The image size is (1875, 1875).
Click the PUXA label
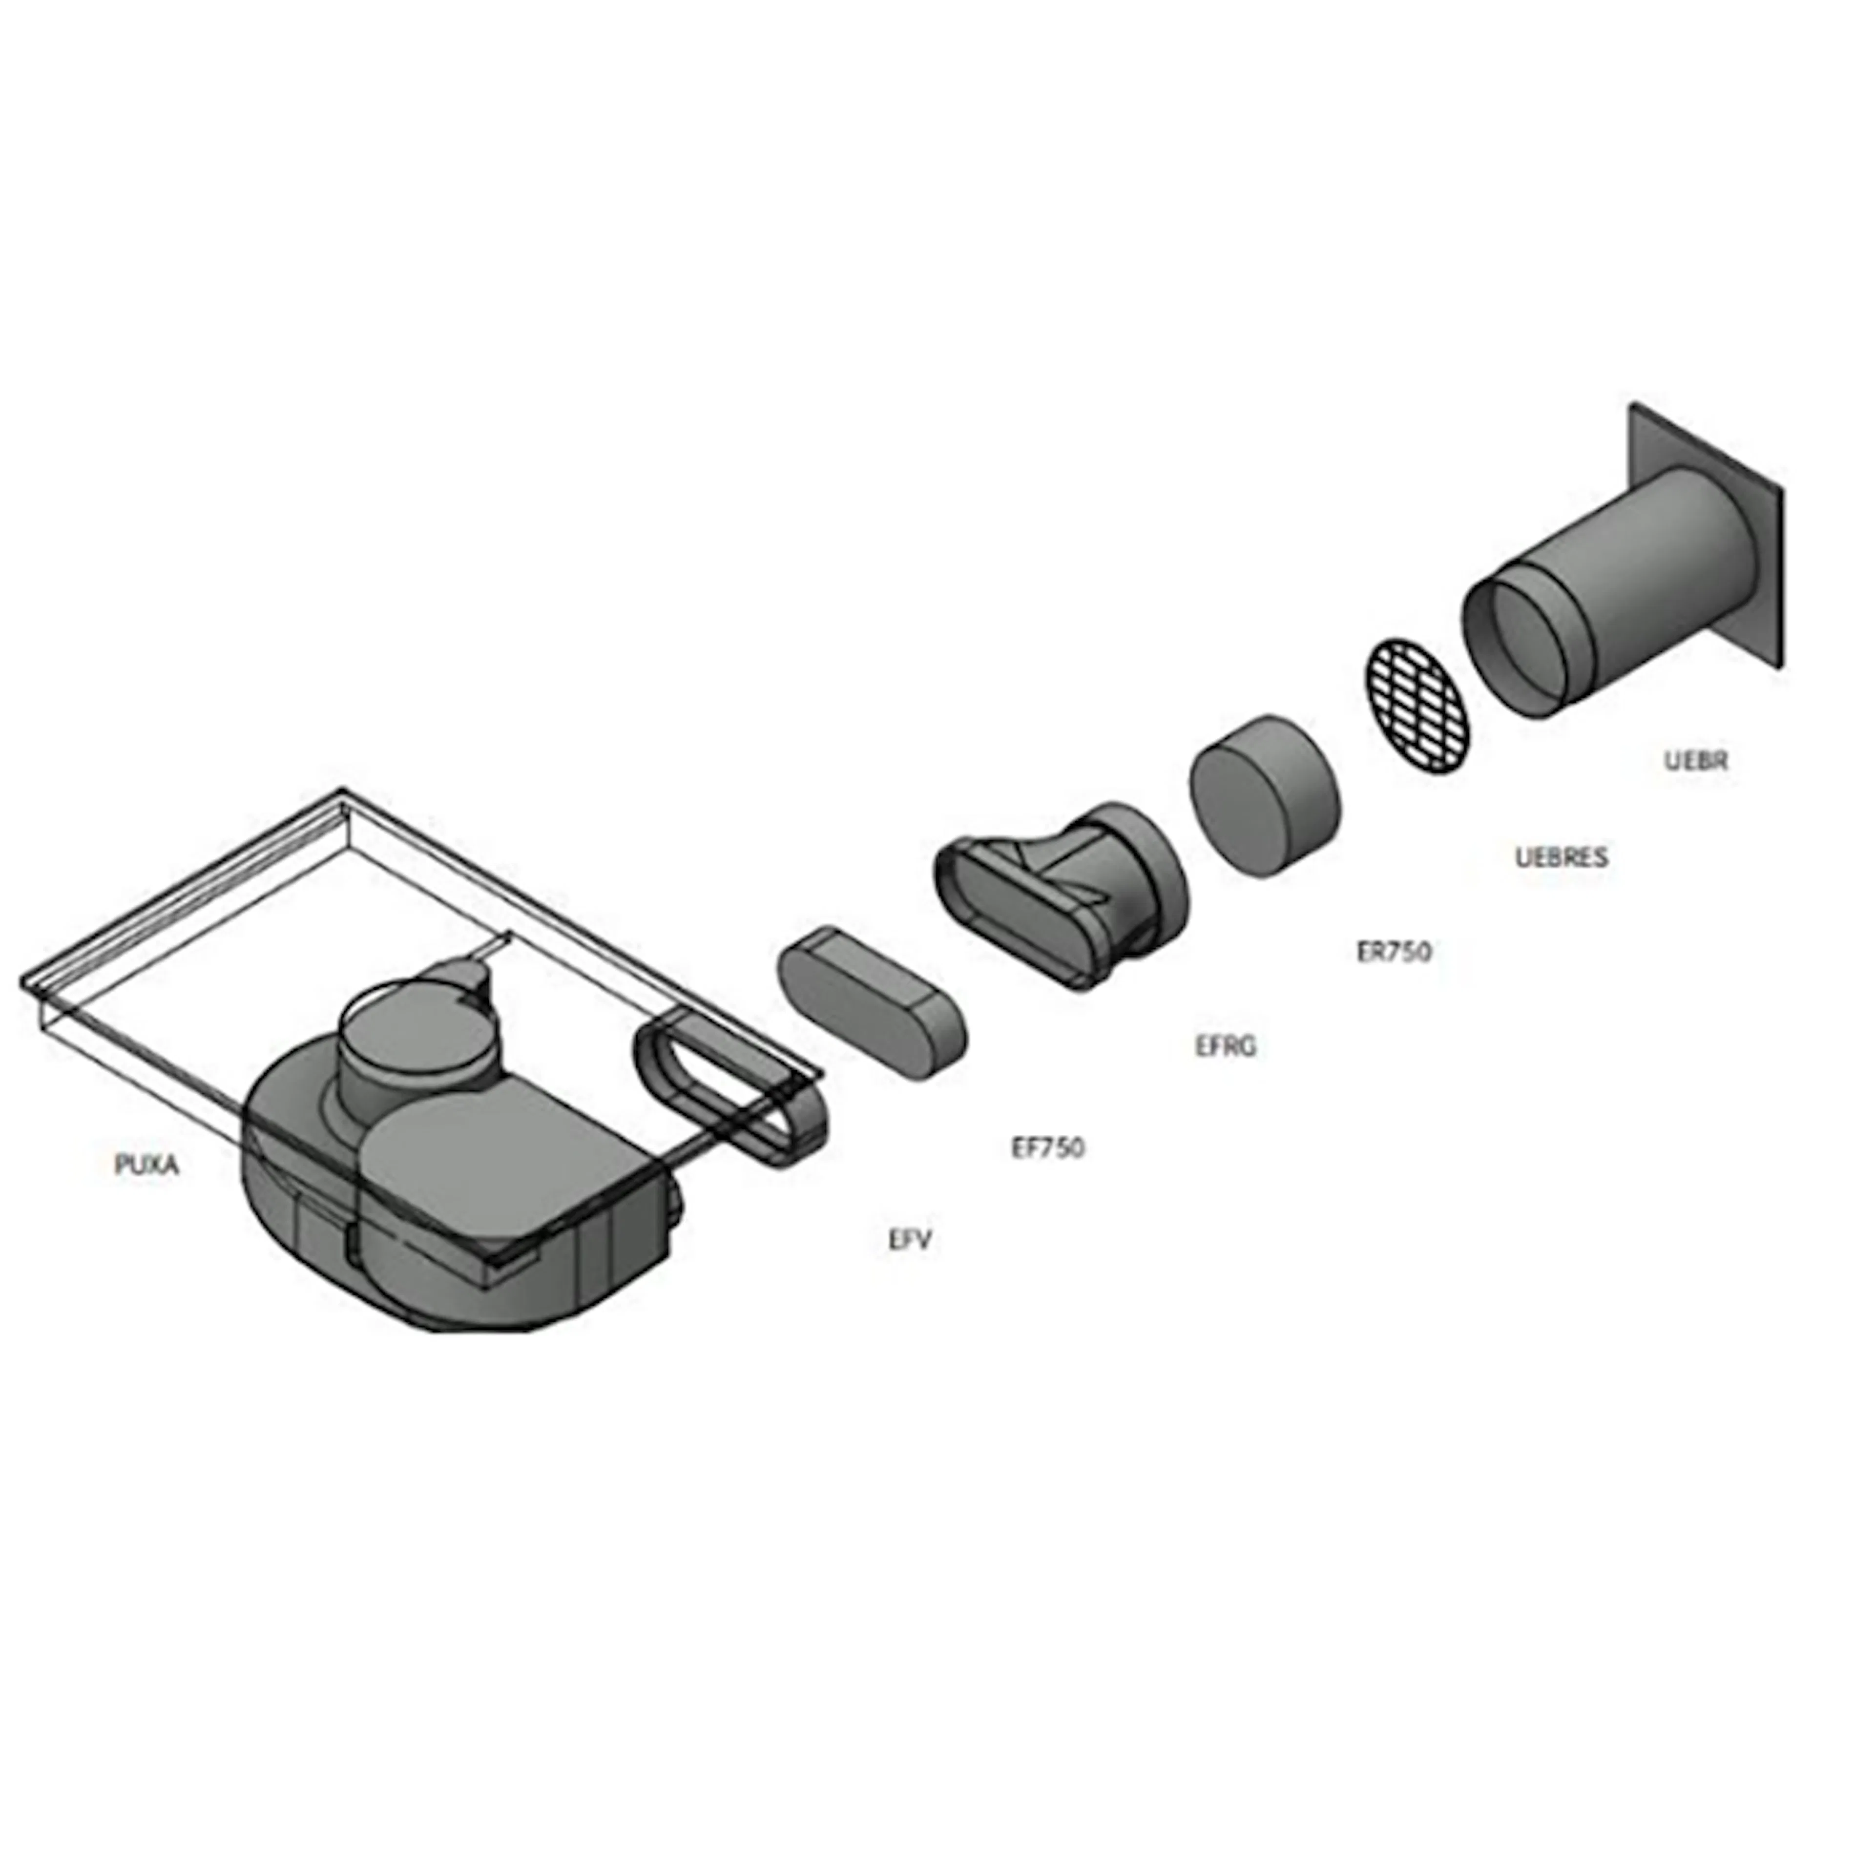146,1165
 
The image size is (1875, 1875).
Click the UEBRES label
1562,857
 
